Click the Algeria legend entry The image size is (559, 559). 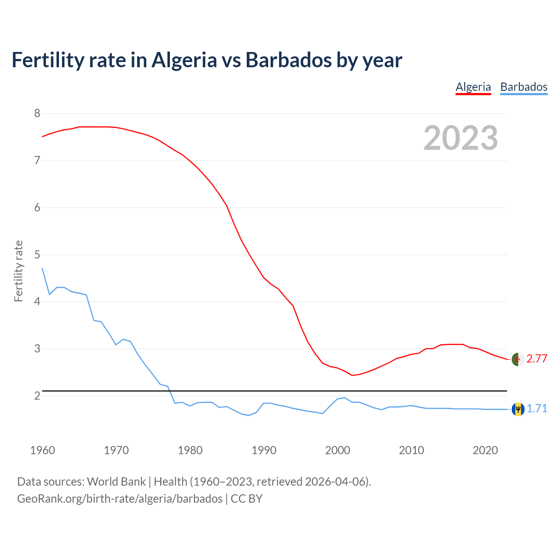[473, 87]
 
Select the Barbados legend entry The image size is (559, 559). [524, 87]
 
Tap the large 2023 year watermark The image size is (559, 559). [460, 138]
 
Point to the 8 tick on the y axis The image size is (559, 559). [37, 114]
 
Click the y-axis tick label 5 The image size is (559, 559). [37, 255]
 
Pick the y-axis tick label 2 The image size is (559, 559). [37, 396]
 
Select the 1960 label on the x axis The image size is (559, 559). [42, 450]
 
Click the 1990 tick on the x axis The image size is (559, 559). [264, 450]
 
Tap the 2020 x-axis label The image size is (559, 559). [485, 450]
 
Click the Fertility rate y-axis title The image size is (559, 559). [18, 271]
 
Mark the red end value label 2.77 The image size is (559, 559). [537, 359]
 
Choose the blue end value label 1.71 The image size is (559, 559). [537, 409]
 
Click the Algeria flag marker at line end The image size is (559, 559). [518, 359]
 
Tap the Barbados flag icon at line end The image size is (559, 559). [518, 409]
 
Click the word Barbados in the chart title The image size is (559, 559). [288, 60]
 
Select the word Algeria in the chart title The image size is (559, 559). [184, 60]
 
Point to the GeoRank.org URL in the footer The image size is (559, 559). [120, 499]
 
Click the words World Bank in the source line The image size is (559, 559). [116, 482]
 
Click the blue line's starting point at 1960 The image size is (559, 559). [42, 269]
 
